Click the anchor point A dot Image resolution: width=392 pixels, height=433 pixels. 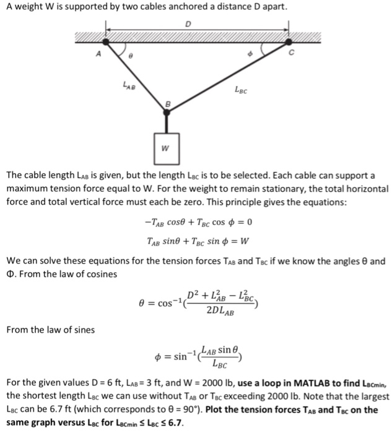click(x=107, y=42)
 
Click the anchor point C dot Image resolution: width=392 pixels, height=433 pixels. click(x=289, y=42)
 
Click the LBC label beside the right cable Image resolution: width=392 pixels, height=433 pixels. click(x=242, y=91)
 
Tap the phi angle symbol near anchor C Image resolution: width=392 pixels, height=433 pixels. click(x=250, y=55)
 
